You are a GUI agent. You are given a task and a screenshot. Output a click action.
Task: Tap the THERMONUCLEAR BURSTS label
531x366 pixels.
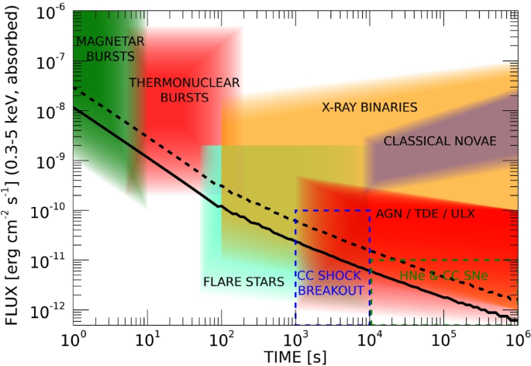coord(184,89)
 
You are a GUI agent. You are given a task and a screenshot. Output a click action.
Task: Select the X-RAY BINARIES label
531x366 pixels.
coord(370,107)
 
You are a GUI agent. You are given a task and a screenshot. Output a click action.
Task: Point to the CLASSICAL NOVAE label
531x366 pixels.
coord(440,140)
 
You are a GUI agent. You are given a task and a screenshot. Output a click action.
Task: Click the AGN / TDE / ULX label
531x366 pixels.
coord(425,212)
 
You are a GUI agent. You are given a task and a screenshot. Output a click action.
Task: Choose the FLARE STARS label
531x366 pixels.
coord(243,281)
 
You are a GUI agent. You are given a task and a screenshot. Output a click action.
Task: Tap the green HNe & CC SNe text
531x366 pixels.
coord(447,275)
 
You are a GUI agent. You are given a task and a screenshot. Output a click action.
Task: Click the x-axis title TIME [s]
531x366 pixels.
coord(295,357)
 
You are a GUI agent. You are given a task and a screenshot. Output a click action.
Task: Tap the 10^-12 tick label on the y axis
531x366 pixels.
coord(50,312)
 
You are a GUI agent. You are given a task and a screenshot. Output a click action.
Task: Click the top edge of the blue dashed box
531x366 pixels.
coord(332,211)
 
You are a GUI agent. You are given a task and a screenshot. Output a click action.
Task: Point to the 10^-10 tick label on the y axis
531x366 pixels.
coord(50,212)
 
